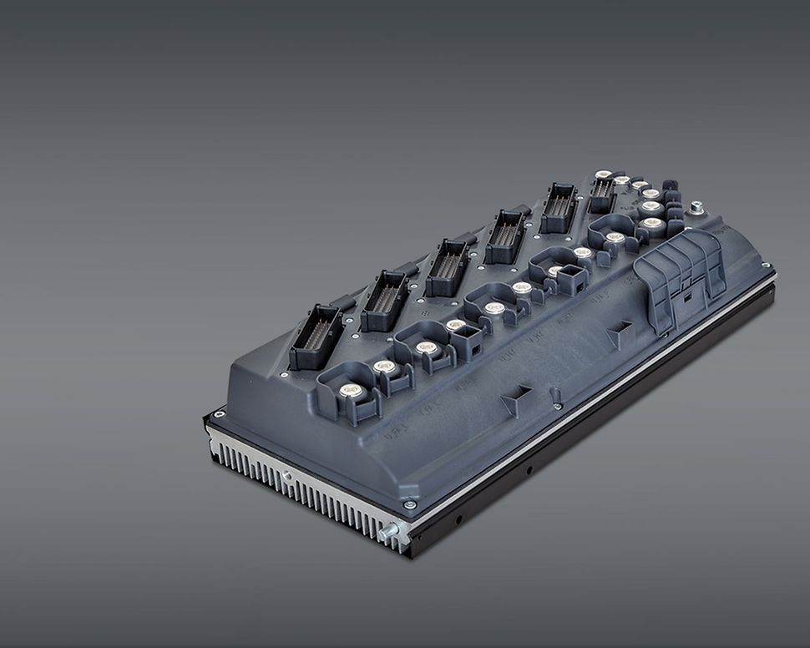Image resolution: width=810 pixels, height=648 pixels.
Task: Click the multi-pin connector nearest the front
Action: pos(316,337)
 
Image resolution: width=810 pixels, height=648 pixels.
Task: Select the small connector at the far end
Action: pos(602,194)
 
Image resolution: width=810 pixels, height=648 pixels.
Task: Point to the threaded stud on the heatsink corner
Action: pos(387,532)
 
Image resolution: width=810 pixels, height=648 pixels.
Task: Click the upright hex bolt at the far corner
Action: pos(696,206)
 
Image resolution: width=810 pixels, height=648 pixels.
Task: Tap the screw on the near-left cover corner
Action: pos(219,414)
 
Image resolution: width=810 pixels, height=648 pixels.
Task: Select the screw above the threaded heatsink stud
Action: pos(408,504)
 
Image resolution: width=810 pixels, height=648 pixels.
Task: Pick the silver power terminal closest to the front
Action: pos(352,390)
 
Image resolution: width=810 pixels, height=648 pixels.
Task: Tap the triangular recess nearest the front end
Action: pos(516,399)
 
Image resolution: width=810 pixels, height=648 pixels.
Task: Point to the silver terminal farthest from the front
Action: pos(603,175)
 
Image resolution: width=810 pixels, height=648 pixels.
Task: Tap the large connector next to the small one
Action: pos(558,207)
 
